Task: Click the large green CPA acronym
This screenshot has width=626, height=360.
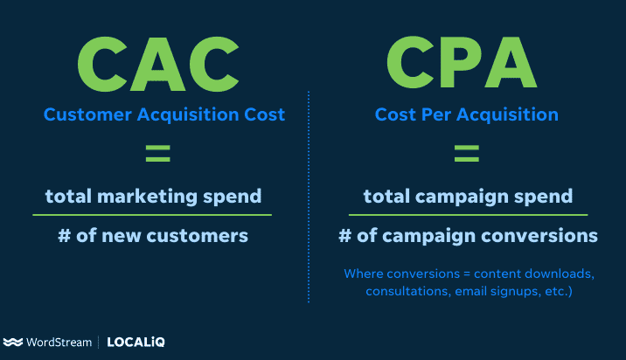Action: tap(461, 59)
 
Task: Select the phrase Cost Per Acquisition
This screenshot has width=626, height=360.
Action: tap(466, 114)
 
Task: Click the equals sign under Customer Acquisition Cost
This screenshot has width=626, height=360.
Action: tap(157, 156)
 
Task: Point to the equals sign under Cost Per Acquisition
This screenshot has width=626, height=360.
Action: tap(466, 156)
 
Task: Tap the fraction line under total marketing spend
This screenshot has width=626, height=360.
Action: tap(152, 214)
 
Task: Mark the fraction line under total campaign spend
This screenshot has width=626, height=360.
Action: tap(468, 214)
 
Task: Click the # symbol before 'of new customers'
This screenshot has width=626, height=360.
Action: tap(63, 236)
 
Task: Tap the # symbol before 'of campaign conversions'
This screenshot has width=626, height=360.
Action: tap(345, 236)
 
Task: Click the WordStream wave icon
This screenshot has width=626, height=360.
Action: tap(13, 343)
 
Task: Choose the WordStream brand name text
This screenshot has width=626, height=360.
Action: tap(59, 343)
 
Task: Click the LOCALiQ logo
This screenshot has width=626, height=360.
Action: tap(136, 343)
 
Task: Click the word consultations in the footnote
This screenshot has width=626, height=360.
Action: tap(406, 291)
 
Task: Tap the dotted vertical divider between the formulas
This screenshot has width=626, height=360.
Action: tap(309, 192)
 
